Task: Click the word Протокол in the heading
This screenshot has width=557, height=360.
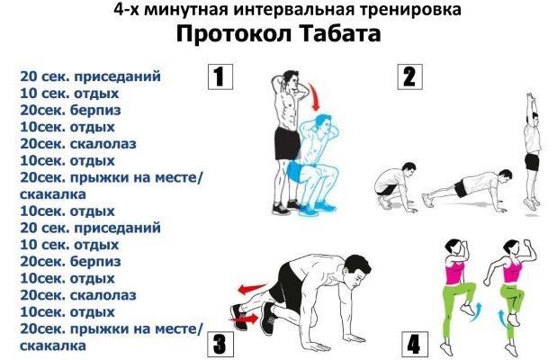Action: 233,35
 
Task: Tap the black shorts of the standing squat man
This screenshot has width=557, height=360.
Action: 287,144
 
